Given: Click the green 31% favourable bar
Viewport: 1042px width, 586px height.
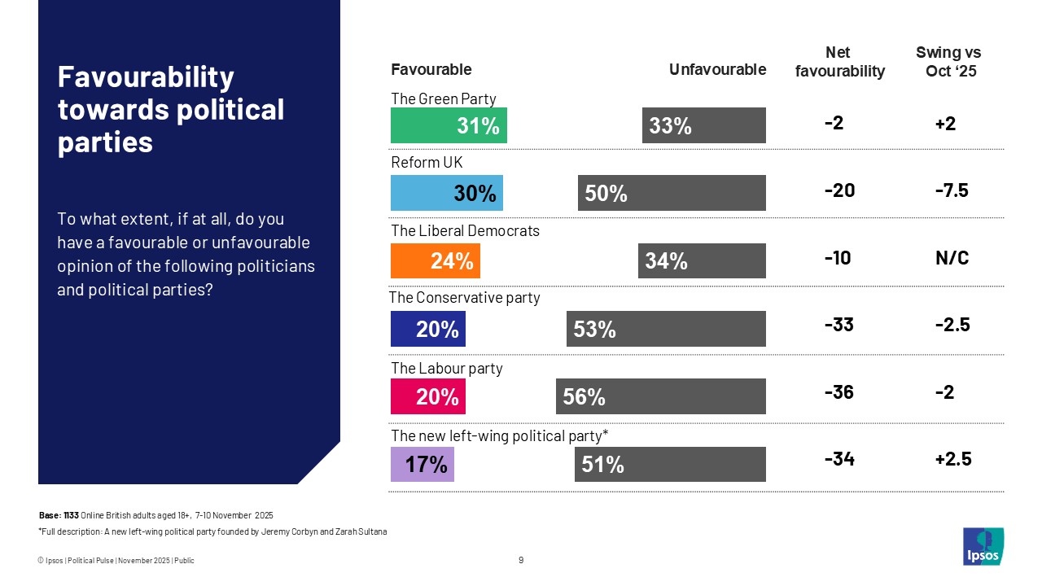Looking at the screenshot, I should [449, 125].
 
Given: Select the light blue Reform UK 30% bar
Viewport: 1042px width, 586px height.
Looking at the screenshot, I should [447, 193].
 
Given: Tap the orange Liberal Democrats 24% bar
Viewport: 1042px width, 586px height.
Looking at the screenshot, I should [436, 261].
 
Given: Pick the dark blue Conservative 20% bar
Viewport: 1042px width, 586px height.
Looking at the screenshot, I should [428, 329].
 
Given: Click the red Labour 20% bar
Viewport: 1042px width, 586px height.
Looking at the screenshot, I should [428, 396].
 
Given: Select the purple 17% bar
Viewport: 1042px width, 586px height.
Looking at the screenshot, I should [422, 464].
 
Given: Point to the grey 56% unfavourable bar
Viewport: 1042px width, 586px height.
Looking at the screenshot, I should [660, 396].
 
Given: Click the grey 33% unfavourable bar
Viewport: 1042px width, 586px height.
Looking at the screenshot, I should [703, 125].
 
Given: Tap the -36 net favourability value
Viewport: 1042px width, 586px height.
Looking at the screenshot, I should [838, 392].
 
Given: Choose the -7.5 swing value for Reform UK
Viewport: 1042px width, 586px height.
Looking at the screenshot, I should [951, 190].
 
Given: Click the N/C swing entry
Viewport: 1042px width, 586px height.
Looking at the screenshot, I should [951, 258].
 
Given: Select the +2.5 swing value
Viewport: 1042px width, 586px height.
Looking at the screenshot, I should [951, 460].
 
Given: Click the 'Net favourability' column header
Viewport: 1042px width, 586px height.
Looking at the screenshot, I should [839, 62].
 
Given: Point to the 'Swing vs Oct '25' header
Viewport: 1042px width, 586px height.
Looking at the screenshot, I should [949, 62].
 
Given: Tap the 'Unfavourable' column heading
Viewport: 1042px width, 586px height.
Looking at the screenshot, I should [717, 70].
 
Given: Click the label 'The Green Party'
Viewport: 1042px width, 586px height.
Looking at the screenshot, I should [444, 98].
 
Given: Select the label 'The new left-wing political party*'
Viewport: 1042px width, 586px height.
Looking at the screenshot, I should [499, 436].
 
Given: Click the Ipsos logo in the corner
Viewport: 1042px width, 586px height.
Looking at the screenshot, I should [983, 546].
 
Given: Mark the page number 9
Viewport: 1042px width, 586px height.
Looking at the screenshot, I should [521, 560].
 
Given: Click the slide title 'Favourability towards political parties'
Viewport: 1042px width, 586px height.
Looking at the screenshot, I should [171, 110].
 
